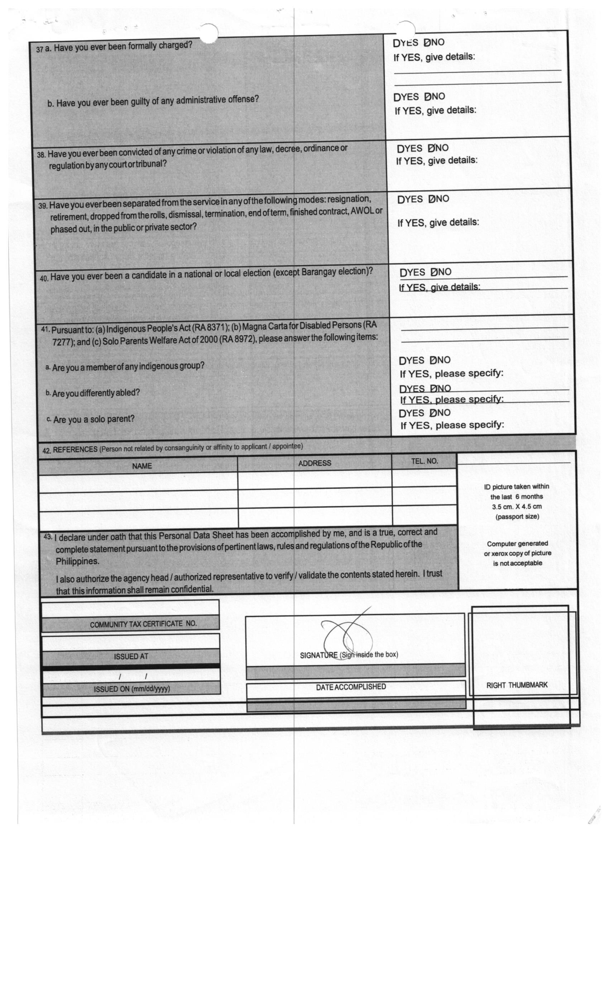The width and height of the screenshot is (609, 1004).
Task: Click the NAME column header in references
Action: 142,466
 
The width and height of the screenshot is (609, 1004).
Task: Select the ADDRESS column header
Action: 314,463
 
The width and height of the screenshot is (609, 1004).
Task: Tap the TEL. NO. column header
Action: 424,461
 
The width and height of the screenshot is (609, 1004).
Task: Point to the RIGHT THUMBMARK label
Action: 517,685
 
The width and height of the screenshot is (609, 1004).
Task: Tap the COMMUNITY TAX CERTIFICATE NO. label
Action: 143,624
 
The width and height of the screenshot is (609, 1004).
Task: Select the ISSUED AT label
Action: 131,657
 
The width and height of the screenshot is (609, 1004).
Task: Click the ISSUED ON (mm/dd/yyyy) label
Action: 131,689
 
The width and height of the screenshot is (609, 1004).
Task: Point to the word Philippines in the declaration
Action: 77,562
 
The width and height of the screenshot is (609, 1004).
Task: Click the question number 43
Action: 48,537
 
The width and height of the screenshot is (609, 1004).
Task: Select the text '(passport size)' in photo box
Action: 517,517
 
